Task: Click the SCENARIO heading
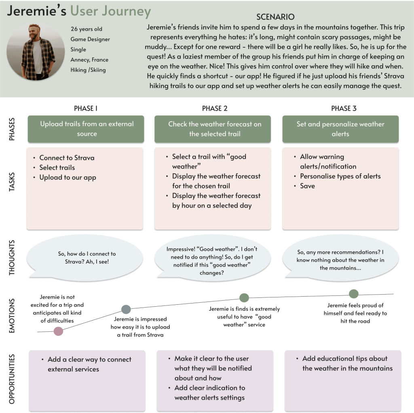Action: click(x=275, y=17)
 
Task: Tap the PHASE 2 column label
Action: click(x=215, y=108)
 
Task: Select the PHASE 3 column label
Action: click(x=344, y=108)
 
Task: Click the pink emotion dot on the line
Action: click(x=58, y=331)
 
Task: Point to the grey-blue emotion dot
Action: click(x=126, y=310)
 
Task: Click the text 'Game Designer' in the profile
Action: click(x=90, y=39)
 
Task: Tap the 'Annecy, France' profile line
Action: click(x=89, y=60)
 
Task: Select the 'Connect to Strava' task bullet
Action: click(x=67, y=158)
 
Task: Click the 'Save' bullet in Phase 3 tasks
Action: click(x=307, y=186)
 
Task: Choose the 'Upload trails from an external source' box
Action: click(x=87, y=129)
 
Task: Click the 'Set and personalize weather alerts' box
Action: click(x=340, y=129)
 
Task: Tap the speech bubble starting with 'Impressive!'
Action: click(x=212, y=261)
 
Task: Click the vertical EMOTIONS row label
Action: click(x=12, y=316)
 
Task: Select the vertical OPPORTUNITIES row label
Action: click(x=12, y=379)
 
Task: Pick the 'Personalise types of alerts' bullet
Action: click(x=340, y=176)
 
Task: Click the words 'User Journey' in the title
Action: click(x=110, y=12)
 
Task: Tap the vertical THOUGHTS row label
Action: click(x=12, y=258)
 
